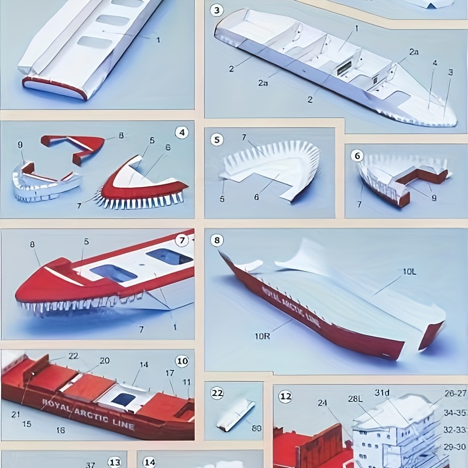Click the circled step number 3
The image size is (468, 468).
click(218, 10)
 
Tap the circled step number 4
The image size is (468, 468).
click(182, 132)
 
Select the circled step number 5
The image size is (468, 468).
click(218, 140)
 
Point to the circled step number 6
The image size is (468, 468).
click(357, 156)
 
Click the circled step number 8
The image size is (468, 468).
click(218, 240)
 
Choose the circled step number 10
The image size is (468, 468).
click(182, 361)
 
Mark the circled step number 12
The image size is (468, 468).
click(285, 396)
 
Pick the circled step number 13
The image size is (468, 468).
click(115, 462)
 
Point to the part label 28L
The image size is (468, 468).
click(356, 399)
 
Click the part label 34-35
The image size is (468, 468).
click(455, 413)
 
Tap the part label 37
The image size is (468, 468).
click(91, 465)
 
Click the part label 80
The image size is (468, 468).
click(257, 428)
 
